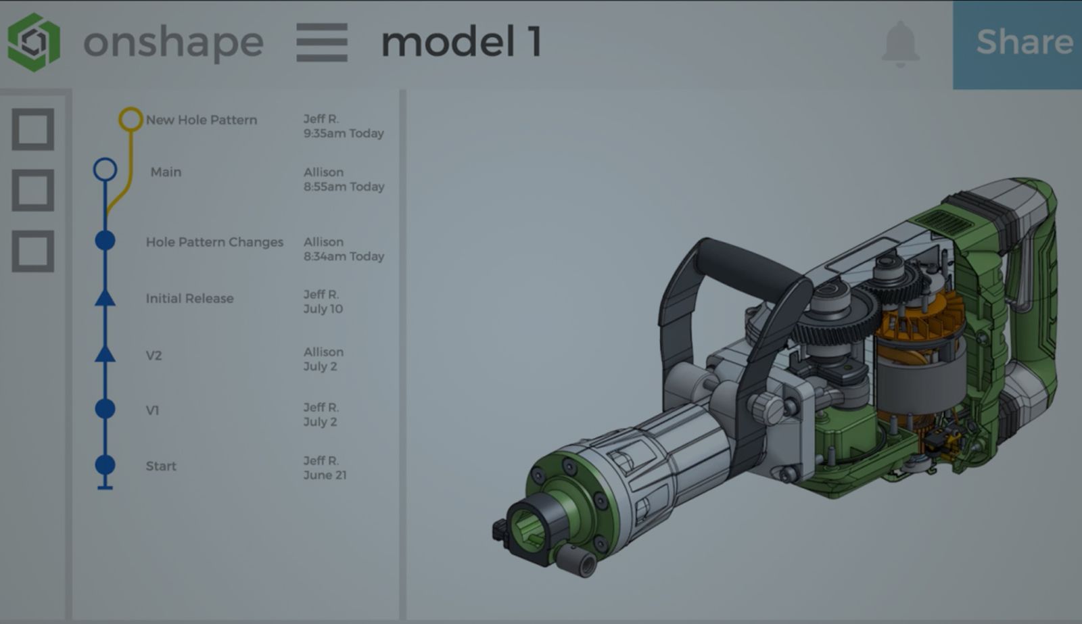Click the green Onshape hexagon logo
tap(34, 42)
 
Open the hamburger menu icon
tap(322, 42)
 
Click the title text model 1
tap(461, 42)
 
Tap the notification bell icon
tap(901, 43)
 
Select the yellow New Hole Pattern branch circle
tap(131, 119)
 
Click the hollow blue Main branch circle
tap(105, 169)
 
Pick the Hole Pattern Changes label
tap(214, 242)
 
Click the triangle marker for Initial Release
tap(105, 297)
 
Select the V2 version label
tap(154, 356)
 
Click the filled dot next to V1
tap(105, 408)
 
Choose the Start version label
tap(161, 466)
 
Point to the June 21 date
tap(325, 475)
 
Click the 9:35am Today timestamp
tap(344, 133)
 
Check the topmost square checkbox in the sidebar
tap(33, 128)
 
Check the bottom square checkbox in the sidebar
tap(33, 251)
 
